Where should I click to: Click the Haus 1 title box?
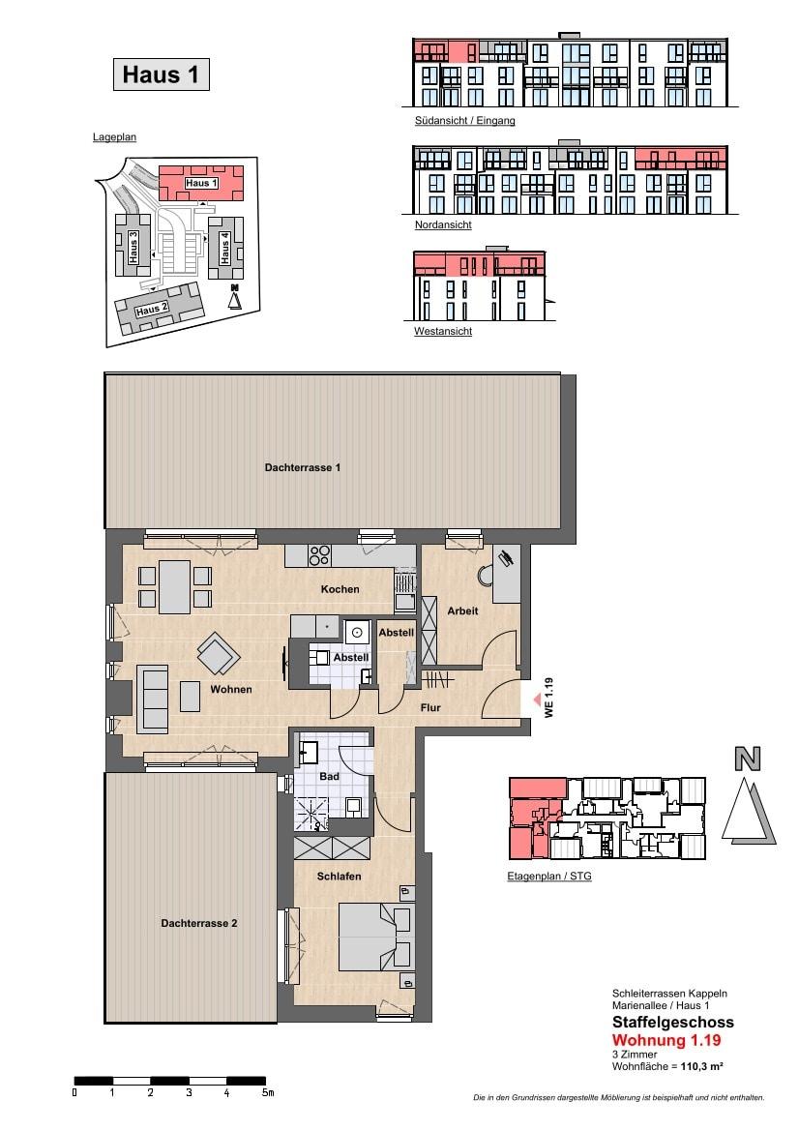coord(161,74)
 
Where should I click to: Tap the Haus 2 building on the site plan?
coord(159,309)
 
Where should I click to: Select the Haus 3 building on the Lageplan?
coord(133,245)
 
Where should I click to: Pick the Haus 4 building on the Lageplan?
coord(224,248)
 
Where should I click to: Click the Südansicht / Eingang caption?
coord(464,121)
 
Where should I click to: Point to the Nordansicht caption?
coord(443,225)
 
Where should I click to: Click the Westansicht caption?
coord(443,331)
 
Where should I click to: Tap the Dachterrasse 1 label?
coord(302,467)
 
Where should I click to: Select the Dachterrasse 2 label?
coord(199,923)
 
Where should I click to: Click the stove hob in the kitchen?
coord(319,555)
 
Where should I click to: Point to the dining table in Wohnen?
coord(174,587)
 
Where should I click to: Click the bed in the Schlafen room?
coord(375,938)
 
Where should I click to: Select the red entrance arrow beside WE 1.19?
coord(537,699)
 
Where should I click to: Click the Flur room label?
coord(430,707)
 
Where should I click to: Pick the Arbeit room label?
coord(462,610)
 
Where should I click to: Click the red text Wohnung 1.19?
coord(666,1040)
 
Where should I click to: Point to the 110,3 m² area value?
coord(701,1066)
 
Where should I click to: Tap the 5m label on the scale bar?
coord(268,1092)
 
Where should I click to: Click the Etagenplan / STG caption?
coord(548,877)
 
